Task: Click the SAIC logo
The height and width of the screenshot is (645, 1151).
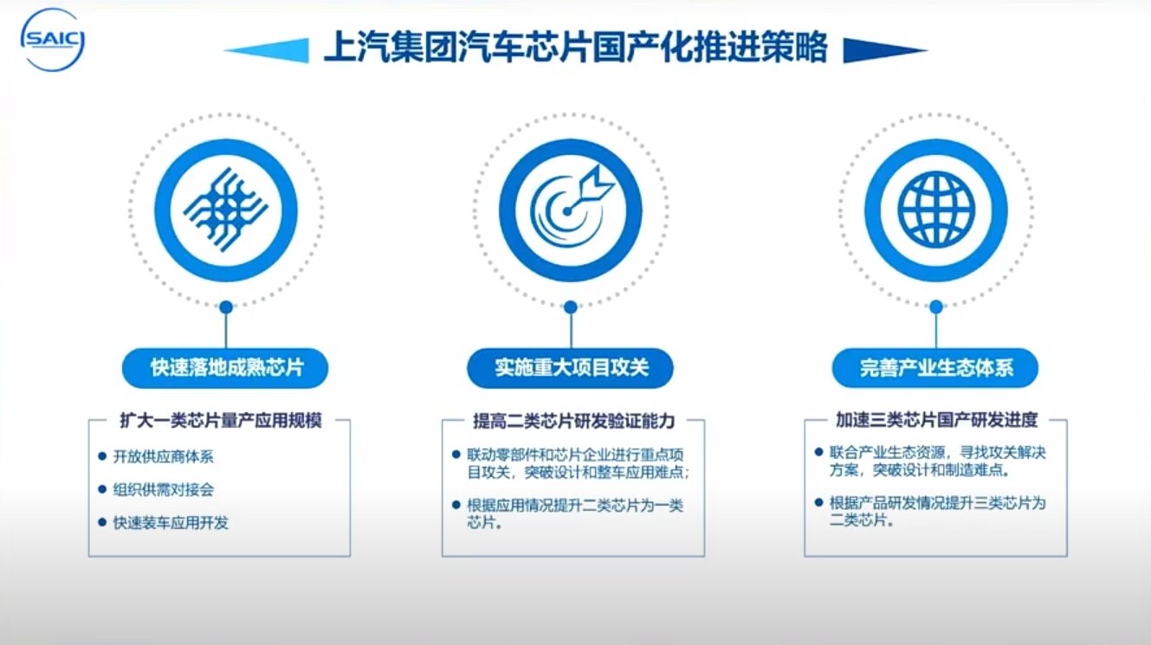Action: pos(52,40)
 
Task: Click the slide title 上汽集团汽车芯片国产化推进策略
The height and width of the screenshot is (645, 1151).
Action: pos(575,48)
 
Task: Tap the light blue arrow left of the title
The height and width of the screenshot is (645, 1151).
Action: pos(267,50)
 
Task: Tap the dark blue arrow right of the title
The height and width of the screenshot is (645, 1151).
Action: pos(885,50)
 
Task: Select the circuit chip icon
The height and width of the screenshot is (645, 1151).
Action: pos(226,210)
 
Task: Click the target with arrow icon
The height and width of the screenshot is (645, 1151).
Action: pos(572,205)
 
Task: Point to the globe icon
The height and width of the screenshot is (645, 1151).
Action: pos(936,210)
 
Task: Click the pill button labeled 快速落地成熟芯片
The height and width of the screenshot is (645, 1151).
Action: pos(225,368)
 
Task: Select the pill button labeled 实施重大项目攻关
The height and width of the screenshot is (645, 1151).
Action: pos(571,368)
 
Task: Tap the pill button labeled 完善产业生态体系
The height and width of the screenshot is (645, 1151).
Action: pos(935,368)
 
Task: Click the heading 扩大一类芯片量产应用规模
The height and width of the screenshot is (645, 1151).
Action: pos(221,420)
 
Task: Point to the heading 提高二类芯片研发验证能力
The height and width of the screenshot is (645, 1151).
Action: pos(573,421)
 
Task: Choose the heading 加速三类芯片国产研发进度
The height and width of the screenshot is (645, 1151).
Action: pos(937,420)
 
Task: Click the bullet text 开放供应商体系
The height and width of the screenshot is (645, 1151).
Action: pos(163,456)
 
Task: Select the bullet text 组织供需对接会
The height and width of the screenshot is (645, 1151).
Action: pos(163,489)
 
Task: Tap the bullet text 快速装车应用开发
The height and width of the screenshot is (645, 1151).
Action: pos(171,522)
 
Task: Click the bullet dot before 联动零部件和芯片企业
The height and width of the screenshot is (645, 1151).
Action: pos(456,454)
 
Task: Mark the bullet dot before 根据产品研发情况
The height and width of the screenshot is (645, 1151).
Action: pos(818,502)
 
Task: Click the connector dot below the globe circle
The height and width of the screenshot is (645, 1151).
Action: pos(936,307)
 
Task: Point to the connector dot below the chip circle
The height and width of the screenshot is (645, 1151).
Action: pos(226,307)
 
